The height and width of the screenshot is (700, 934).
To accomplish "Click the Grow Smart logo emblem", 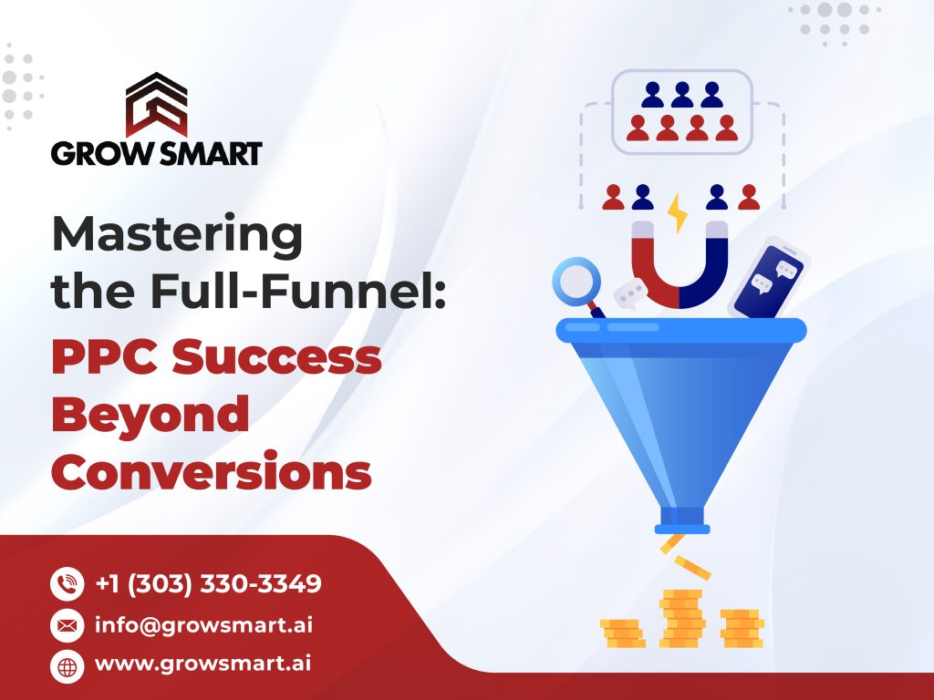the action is (x=156, y=104).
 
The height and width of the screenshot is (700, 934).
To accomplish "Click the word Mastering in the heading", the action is (x=178, y=235).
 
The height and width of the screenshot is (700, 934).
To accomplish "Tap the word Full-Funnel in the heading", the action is (x=298, y=291).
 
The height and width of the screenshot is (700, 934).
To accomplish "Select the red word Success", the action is (x=277, y=356).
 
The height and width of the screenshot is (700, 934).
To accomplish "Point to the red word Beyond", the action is (x=150, y=414).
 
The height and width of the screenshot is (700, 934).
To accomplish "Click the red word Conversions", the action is (x=212, y=470).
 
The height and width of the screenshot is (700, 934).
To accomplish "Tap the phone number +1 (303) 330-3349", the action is (x=209, y=583).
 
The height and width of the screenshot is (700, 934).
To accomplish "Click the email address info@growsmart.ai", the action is (x=203, y=625).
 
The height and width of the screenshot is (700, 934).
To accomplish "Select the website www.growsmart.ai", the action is (x=202, y=664).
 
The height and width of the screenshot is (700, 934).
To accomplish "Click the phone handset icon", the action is (x=67, y=583).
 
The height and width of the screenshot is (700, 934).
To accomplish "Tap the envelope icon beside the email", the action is (x=67, y=625).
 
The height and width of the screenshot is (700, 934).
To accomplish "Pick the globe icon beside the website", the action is (x=67, y=666).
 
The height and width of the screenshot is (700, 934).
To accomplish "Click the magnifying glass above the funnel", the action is (x=577, y=283).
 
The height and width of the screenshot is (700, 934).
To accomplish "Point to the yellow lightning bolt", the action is (x=678, y=213).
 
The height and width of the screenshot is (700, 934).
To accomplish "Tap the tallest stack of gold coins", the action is (x=682, y=618).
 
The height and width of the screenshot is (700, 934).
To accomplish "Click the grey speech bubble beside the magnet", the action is (x=630, y=294).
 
